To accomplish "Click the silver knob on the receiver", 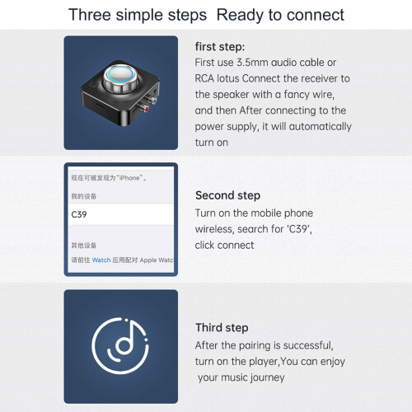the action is click(x=120, y=77).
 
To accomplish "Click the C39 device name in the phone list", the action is click(x=79, y=214).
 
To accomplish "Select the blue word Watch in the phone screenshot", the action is click(x=101, y=260).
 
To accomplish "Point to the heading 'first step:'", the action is click(x=220, y=47).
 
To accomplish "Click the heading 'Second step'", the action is click(x=227, y=195).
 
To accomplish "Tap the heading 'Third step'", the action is click(x=222, y=328).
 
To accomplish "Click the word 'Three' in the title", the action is click(x=90, y=15).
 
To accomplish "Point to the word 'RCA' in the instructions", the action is click(x=204, y=78).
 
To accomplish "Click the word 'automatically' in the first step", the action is click(x=320, y=127).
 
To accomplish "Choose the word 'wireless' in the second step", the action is click(x=215, y=229).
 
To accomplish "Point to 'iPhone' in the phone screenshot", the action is click(x=129, y=178).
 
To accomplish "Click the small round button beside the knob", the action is click(x=93, y=84).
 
